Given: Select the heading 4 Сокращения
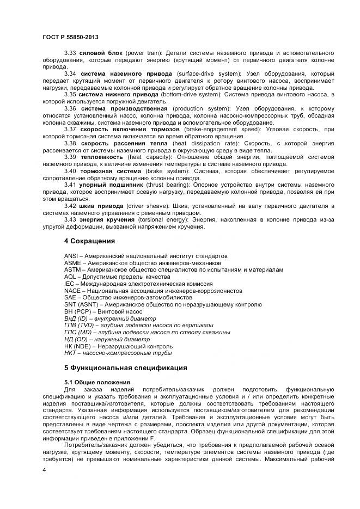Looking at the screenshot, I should (89, 240).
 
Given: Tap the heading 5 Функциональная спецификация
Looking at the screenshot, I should (125, 367).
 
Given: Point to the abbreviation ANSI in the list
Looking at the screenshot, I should (71, 256).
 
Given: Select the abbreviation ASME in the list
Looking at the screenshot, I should (72, 263).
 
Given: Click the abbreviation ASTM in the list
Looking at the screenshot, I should (72, 269).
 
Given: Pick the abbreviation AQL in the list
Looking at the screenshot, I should (70, 277).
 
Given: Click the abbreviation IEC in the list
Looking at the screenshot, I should (69, 284).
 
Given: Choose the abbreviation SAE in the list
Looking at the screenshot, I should (70, 298).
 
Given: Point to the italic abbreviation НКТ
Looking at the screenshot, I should (71, 353).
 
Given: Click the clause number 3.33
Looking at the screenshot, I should (70, 52).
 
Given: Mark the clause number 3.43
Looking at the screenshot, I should (70, 220).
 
